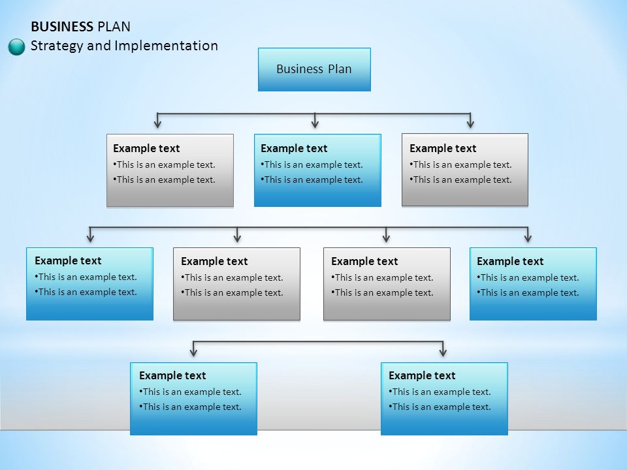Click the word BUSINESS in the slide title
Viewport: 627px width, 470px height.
62,27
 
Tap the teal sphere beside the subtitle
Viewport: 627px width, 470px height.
16,47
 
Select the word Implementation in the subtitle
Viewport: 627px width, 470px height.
167,46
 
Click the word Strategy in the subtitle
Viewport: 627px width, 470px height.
57,46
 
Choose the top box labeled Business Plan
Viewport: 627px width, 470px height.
314,70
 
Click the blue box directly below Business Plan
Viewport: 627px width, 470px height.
317,170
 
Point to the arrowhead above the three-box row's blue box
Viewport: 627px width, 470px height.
315,123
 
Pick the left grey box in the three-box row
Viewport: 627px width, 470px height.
170,170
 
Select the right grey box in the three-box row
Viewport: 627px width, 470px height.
465,170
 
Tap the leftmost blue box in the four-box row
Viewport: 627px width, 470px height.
89,284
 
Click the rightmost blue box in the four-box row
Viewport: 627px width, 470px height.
533,284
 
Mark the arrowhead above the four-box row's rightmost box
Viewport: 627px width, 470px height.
528,238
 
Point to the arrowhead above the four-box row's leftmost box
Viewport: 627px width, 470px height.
90,238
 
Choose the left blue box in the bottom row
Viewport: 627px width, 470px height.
193,398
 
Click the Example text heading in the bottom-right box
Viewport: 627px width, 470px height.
422,376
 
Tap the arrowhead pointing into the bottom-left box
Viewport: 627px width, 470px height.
193,351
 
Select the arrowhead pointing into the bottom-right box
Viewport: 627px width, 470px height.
443,351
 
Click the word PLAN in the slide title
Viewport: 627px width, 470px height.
114,27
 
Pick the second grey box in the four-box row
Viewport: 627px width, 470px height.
236,284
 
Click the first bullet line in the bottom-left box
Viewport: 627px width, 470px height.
190,392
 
